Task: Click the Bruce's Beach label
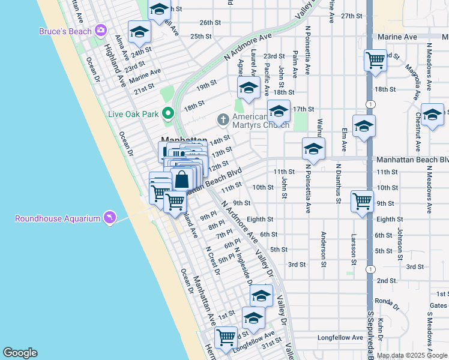pos(65,31)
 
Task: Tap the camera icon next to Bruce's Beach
pos(100,30)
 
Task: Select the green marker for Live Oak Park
pos(169,112)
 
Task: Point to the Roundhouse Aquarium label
pos(58,218)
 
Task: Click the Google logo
pos(20,353)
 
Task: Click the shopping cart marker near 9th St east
pos(363,202)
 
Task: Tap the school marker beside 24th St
pos(139,32)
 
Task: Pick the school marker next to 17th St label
pos(279,111)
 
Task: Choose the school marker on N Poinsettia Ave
pos(313,149)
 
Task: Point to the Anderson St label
pos(324,249)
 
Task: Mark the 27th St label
pos(351,16)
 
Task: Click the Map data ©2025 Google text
pos(412,355)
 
